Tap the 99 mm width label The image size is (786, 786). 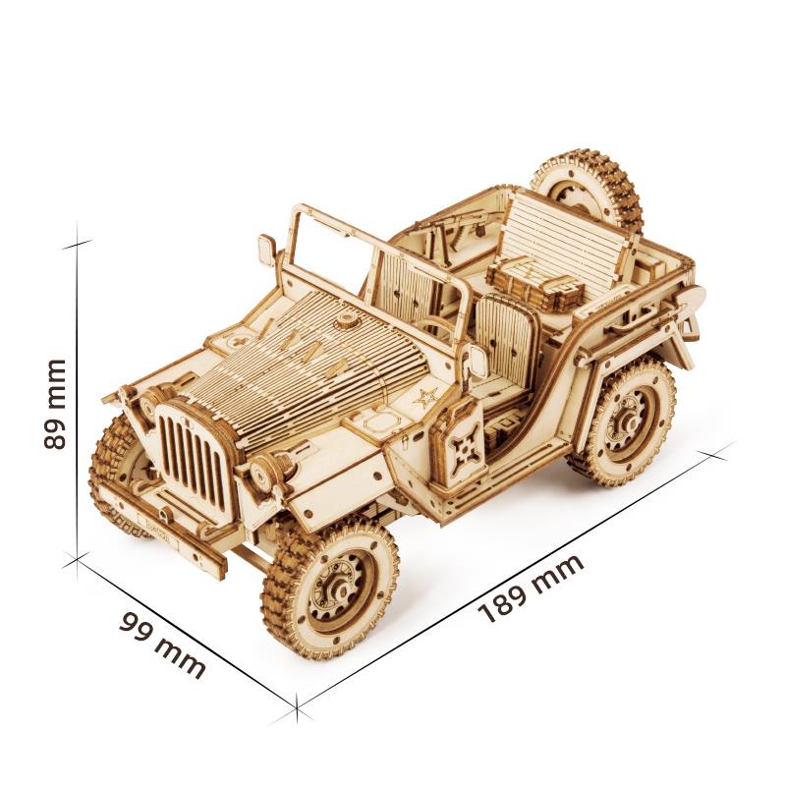(x=162, y=645)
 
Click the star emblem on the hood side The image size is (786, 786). (x=425, y=398)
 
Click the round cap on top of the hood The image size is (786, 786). (x=346, y=320)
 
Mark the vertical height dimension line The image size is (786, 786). (x=77, y=403)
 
